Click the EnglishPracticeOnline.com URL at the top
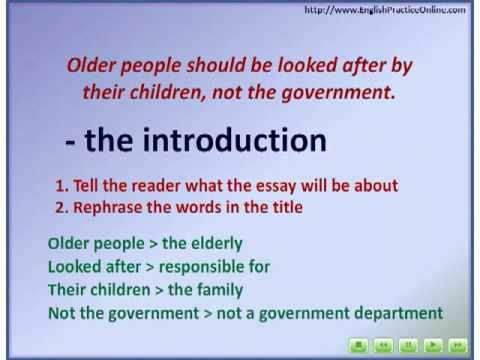coord(384,10)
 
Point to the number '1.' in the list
coord(62,186)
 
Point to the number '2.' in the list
coord(62,207)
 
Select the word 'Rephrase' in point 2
coord(110,207)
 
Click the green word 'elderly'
coord(216,243)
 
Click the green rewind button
coord(383,346)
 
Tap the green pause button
coord(408,346)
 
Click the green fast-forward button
coord(457,346)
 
